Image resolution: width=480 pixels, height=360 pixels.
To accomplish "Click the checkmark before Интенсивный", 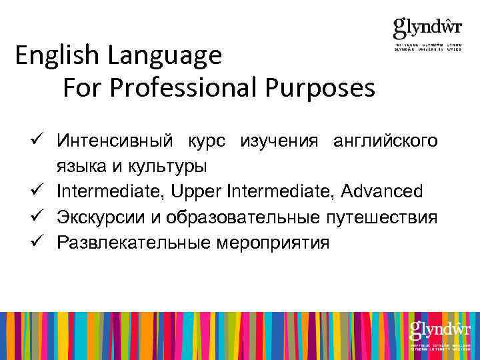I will coord(37,141).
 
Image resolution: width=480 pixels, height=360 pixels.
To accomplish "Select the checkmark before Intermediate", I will coord(37,192).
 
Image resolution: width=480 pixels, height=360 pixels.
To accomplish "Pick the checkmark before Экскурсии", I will coord(37,217).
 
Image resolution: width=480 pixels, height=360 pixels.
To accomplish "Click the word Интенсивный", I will coord(117,141).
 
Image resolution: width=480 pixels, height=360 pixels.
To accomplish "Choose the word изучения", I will coord(274,141).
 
